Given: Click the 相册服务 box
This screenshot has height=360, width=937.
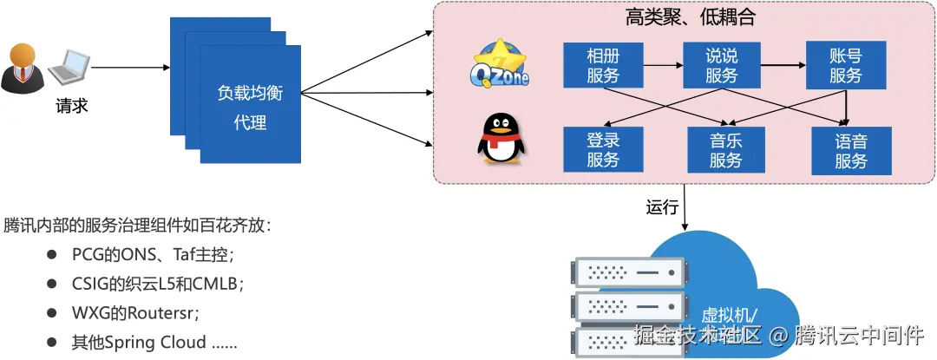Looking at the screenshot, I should (603, 66).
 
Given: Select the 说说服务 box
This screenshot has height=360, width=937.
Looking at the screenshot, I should (721, 66).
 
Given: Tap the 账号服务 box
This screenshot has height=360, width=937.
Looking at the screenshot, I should (845, 66).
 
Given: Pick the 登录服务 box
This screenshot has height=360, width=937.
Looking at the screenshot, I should (603, 148).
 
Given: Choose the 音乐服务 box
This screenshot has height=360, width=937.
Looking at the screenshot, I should (725, 148).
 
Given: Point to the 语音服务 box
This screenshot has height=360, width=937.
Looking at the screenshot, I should (851, 148).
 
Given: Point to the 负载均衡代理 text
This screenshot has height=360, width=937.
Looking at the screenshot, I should (250, 108).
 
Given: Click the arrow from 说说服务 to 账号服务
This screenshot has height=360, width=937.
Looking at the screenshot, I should (783, 65).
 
